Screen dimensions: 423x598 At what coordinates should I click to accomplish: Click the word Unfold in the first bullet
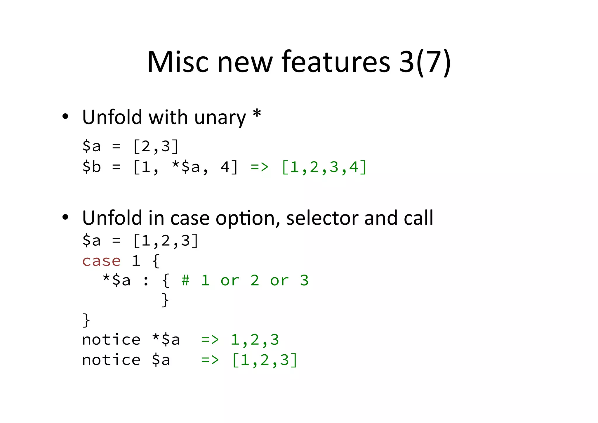click(112, 117)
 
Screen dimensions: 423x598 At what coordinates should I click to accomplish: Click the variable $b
click(91, 167)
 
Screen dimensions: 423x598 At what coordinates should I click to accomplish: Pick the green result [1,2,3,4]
click(324, 167)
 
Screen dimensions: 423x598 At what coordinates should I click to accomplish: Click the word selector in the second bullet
click(322, 218)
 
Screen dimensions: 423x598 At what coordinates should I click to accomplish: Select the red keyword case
click(101, 261)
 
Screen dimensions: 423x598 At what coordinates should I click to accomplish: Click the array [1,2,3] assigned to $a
click(166, 241)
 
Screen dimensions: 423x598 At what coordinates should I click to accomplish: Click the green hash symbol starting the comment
click(185, 280)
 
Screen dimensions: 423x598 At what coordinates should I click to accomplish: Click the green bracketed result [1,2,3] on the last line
click(265, 360)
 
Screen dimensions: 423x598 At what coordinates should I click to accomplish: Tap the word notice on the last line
click(111, 360)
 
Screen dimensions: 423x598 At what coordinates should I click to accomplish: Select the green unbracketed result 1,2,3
click(255, 340)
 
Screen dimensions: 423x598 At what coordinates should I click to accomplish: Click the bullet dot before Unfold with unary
click(65, 117)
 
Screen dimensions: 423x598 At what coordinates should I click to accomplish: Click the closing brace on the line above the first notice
click(86, 320)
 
